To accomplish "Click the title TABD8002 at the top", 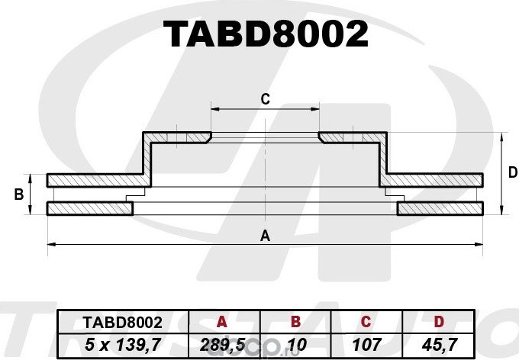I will (266, 34).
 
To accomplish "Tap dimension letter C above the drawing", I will (265, 98).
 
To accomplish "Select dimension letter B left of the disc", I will (18, 195).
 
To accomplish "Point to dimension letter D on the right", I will (512, 173).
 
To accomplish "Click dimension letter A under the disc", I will (265, 236).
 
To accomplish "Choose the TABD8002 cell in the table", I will (111, 323).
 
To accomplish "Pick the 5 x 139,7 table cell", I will (111, 345).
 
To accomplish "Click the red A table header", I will (222, 323).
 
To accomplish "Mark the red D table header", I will (440, 323).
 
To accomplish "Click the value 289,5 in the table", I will (222, 345).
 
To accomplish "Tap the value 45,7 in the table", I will (440, 345).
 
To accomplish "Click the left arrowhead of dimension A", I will (50, 244).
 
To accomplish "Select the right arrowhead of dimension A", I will (480, 244).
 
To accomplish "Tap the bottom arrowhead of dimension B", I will (31, 211).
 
